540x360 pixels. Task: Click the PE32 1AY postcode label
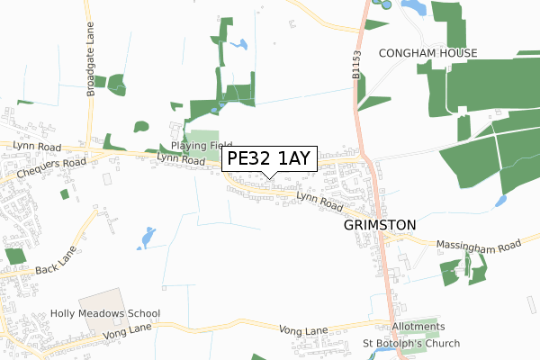coord(268,158)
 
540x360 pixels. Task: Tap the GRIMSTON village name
coord(380,225)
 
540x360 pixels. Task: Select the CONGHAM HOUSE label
coord(427,54)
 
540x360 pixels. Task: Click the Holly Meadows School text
coord(105,314)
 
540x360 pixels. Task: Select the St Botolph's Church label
coord(410,343)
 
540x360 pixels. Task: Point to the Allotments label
coord(418,326)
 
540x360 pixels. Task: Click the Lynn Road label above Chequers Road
coord(36,146)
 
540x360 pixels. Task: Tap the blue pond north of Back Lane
coord(147,238)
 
